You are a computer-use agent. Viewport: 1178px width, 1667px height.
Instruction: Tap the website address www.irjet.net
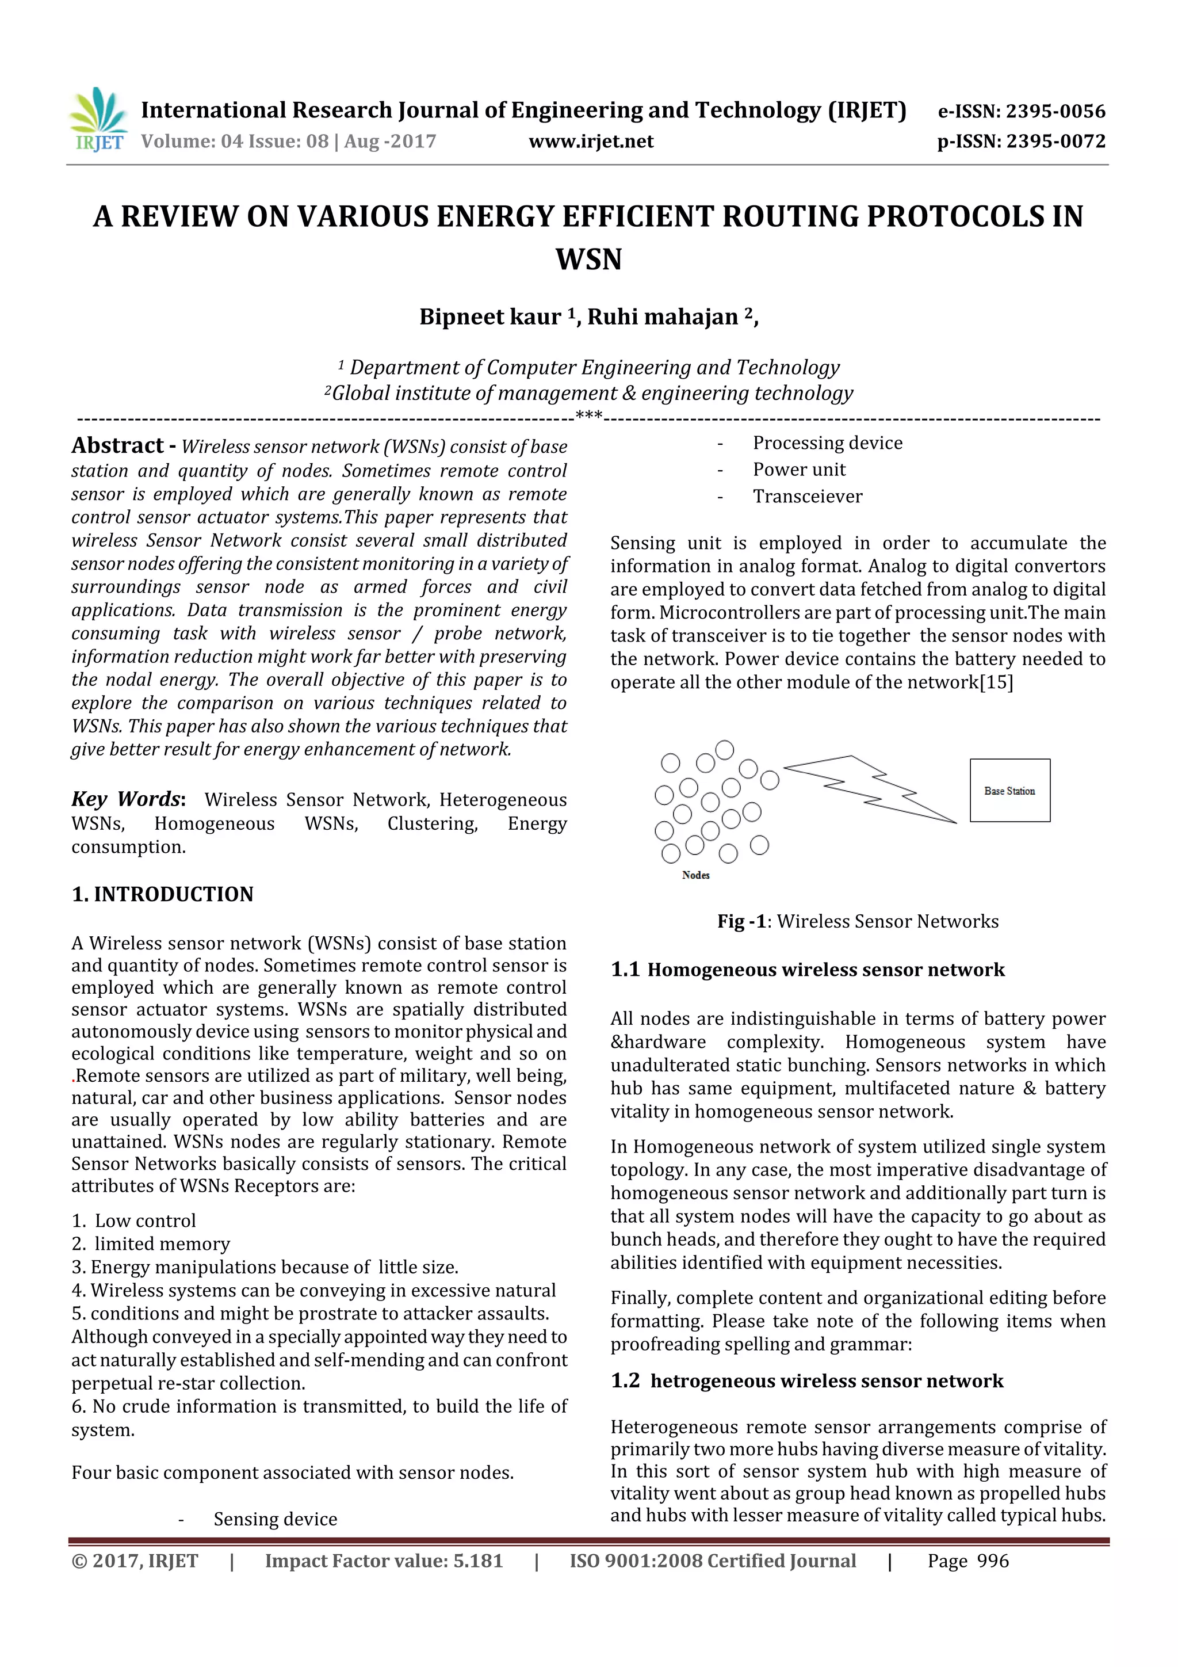[x=591, y=142]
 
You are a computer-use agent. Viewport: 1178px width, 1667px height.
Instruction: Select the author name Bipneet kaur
[x=490, y=317]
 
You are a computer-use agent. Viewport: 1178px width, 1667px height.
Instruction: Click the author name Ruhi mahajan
[x=662, y=317]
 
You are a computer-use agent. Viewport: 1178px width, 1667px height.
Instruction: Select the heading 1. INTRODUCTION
[x=163, y=894]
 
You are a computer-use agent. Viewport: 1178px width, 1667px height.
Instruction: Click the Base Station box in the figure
[x=1009, y=791]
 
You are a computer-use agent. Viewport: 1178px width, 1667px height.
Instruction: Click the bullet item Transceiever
[x=807, y=497]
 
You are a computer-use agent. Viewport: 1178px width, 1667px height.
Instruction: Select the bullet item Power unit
[x=798, y=470]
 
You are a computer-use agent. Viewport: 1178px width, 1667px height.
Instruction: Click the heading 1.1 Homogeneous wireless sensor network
[x=807, y=970]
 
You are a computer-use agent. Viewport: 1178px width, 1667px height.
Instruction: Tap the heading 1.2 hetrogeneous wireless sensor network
[x=806, y=1381]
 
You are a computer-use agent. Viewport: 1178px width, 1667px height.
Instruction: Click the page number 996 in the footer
[x=992, y=1561]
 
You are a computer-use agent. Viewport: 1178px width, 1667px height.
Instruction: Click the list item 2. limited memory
[x=150, y=1243]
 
